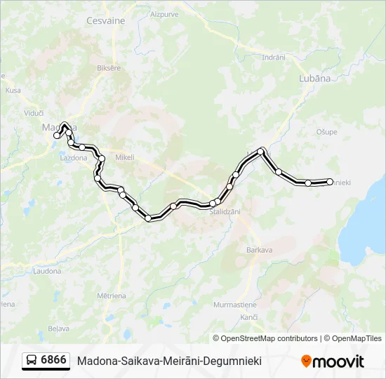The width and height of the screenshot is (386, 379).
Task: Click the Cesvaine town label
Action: click(x=105, y=20)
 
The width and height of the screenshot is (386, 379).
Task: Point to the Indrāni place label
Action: click(x=273, y=58)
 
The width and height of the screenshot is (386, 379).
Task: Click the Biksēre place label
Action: click(x=109, y=68)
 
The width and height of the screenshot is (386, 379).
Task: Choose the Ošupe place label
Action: click(x=327, y=131)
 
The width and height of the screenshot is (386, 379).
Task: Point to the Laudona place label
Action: click(x=48, y=270)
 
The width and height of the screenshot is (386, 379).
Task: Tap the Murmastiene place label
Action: click(x=236, y=304)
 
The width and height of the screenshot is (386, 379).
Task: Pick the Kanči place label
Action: click(x=248, y=318)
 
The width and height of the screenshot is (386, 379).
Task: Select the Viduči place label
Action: click(x=34, y=112)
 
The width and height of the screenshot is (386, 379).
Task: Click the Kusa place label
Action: click(x=13, y=90)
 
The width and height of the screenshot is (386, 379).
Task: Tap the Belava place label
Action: click(x=58, y=328)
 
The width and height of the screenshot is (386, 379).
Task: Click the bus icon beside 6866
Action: click(x=32, y=361)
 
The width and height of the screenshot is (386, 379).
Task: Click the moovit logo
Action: click(x=333, y=361)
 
